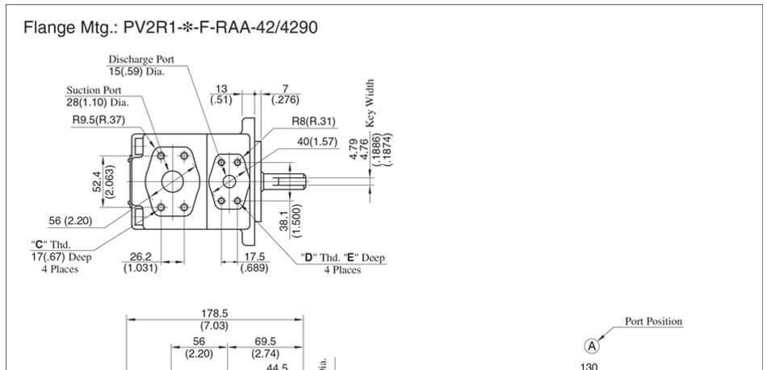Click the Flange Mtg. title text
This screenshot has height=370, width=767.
(x=170, y=28)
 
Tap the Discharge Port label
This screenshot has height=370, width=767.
(x=141, y=60)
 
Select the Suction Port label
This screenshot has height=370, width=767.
(x=94, y=90)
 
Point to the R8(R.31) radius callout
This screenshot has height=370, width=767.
(x=314, y=122)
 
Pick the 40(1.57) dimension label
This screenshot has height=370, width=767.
(x=317, y=141)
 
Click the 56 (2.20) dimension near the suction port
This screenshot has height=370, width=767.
(x=72, y=220)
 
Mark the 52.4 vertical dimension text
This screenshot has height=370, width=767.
(x=98, y=185)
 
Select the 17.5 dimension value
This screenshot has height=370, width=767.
(x=254, y=258)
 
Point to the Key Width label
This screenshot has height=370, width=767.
(x=371, y=103)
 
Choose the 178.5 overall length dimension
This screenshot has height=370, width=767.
(x=214, y=314)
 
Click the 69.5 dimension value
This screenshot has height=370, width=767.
(x=266, y=342)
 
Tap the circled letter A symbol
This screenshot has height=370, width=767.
(x=593, y=346)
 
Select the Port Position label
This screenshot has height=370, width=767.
(x=653, y=322)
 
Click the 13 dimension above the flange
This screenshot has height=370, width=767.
(x=221, y=89)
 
